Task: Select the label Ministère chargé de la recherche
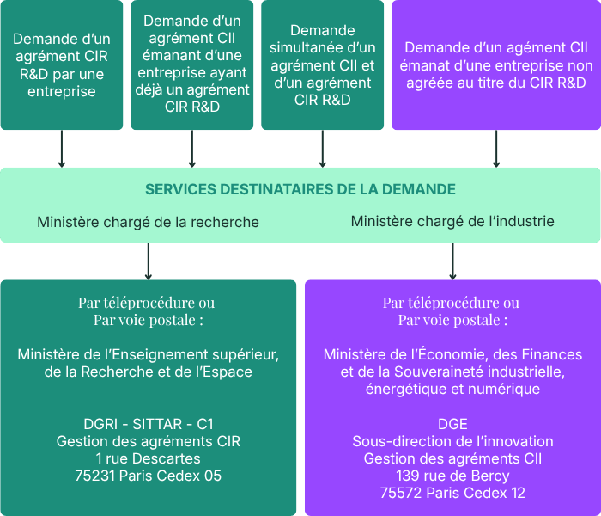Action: [148, 222]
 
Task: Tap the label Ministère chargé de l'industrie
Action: [452, 222]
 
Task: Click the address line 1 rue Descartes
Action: [149, 458]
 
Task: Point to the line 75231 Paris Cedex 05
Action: [149, 476]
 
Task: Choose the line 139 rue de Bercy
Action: [452, 476]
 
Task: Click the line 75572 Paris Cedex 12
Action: [452, 493]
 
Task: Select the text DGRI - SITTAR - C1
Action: [149, 424]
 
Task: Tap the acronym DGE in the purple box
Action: [452, 424]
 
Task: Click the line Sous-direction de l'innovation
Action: [452, 441]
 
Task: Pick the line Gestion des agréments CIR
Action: [149, 441]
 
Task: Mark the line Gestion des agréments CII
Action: [452, 458]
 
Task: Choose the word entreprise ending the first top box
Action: [61, 91]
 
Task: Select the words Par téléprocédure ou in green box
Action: [147, 303]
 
